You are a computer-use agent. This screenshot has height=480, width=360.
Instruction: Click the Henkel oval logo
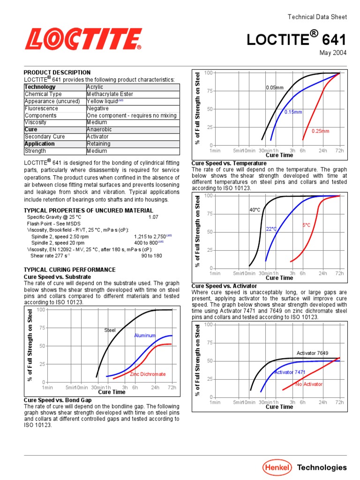click(x=277, y=467)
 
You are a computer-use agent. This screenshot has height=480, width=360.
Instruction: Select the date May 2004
click(x=333, y=52)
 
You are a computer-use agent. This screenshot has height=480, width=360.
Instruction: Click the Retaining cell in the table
click(x=98, y=144)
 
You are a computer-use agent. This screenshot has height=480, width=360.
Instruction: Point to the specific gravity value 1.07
click(x=153, y=217)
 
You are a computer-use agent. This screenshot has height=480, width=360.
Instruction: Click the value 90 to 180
click(x=151, y=255)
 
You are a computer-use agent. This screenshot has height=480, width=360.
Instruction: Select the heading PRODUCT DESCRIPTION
click(x=57, y=73)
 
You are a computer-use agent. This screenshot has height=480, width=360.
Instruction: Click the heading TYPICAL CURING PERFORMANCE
click(x=69, y=270)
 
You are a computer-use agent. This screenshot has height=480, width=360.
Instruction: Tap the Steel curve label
click(x=110, y=330)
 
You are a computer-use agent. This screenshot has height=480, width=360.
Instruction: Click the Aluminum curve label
click(x=145, y=336)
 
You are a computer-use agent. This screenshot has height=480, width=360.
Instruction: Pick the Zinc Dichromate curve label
click(x=148, y=375)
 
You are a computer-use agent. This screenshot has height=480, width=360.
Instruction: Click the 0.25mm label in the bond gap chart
click(x=321, y=131)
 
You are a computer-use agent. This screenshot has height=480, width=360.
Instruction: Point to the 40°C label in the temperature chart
click(x=255, y=210)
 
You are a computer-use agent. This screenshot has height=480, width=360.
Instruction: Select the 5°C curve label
click(x=307, y=225)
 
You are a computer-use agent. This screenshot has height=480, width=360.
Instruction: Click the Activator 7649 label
click(x=312, y=353)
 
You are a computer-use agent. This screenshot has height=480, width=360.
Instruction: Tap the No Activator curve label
click(x=309, y=384)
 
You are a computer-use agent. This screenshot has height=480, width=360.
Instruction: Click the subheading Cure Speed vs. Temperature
click(x=229, y=163)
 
